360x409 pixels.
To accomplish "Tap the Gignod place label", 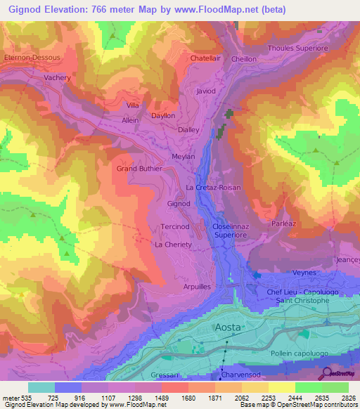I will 179,204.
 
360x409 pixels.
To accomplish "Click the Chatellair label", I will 206,58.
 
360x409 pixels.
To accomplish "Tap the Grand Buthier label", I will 139,169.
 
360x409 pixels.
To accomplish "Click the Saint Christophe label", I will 302,301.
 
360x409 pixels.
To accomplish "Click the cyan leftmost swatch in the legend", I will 41,387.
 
